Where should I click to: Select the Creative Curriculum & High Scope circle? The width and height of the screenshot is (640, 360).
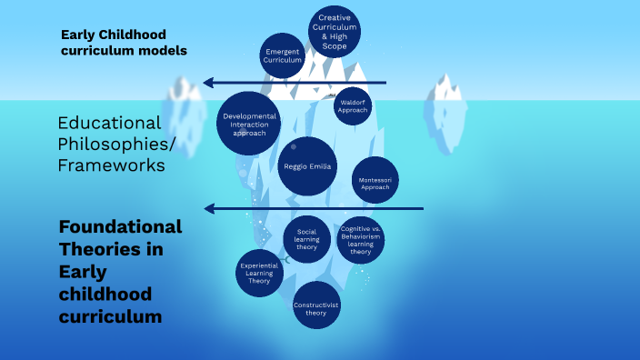(335, 31)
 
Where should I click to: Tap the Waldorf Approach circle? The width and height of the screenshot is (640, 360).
(350, 106)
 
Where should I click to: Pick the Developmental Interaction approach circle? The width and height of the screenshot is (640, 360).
(248, 123)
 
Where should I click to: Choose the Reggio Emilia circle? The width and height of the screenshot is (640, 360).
(307, 166)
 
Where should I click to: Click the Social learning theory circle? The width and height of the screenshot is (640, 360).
(306, 240)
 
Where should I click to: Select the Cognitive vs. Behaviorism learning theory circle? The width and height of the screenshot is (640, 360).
(360, 240)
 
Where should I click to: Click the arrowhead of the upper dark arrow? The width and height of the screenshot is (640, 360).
(209, 83)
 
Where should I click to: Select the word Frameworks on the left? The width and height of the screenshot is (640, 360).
(111, 165)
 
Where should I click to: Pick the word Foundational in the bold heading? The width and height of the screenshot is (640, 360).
(120, 226)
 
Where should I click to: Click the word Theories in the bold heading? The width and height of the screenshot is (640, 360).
(101, 249)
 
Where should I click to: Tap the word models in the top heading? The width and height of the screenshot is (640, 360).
(160, 51)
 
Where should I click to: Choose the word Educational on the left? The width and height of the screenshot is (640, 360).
(109, 123)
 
